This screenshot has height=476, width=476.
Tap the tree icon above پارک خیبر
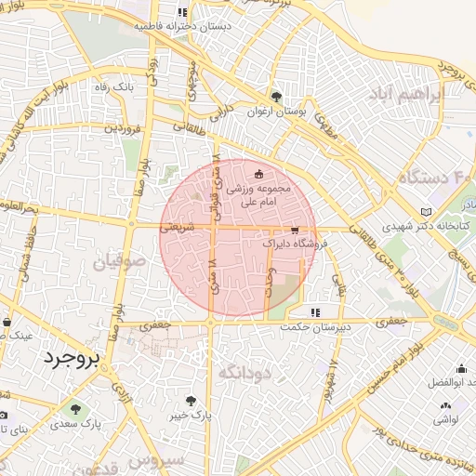[192, 401]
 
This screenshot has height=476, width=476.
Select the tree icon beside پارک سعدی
[74, 407]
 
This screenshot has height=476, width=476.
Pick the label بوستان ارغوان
[276, 111]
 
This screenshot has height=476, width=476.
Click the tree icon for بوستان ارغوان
[276, 96]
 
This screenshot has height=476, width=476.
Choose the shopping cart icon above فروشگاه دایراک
[295, 230]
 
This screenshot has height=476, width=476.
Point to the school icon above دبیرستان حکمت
[314, 312]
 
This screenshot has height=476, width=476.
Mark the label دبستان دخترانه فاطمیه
[182, 27]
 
